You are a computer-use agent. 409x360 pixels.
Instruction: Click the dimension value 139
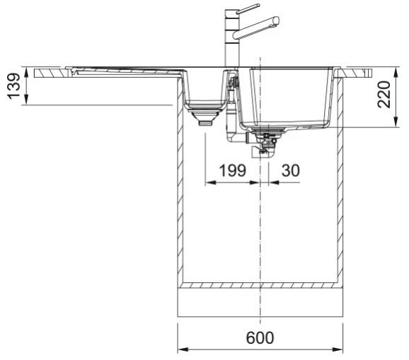pos(13,86)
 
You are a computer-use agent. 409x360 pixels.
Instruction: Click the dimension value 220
pos(384,94)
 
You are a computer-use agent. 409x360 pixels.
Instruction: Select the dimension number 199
pos(232,170)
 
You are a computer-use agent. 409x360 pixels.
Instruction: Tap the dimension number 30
pos(291,170)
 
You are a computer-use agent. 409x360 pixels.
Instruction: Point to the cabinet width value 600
pos(260,337)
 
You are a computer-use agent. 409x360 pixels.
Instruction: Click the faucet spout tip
pos(277,21)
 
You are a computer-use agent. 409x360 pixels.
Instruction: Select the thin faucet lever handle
pos(248,8)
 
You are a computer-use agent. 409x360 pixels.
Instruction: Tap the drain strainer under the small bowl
pos(206,117)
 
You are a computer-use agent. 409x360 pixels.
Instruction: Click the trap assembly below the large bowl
pos(263,145)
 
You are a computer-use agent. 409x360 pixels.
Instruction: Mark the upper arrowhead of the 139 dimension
pos(26,72)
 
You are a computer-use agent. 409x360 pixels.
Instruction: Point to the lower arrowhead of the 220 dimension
pos(396,122)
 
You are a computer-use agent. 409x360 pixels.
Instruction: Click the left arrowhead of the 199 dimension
pos(210,182)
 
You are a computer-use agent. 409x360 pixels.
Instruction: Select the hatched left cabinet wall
pos(180,180)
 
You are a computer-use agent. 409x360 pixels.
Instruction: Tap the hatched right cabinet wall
pos(340,180)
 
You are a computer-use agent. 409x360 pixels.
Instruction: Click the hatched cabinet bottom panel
pos(260,285)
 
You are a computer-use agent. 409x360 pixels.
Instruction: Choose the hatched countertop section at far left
pos(50,74)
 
